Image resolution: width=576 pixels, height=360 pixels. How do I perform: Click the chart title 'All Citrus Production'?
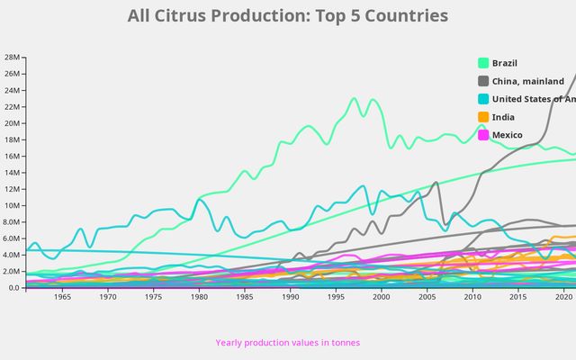click(288, 16)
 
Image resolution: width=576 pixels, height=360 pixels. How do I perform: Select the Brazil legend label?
click(505, 63)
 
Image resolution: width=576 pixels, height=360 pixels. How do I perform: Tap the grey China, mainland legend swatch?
click(483, 81)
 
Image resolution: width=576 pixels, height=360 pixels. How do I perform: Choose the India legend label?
click(503, 117)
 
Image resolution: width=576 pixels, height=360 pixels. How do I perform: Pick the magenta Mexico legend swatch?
click(483, 135)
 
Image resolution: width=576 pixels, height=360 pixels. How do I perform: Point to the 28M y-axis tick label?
click(12, 57)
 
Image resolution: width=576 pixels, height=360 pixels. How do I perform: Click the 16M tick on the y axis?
click(12, 156)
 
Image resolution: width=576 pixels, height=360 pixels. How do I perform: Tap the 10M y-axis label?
click(12, 205)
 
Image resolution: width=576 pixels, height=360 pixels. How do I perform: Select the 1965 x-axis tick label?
click(62, 297)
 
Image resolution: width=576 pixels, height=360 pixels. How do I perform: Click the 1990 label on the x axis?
click(290, 297)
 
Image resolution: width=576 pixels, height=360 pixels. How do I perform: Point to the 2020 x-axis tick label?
click(563, 297)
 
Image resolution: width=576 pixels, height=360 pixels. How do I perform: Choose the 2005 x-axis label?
click(427, 297)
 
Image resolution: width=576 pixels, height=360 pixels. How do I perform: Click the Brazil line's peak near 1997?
click(354, 98)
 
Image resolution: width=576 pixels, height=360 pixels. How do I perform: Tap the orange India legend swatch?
click(483, 117)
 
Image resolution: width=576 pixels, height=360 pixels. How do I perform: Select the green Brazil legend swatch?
click(483, 63)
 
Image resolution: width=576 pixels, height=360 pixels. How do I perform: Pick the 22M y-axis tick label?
click(12, 106)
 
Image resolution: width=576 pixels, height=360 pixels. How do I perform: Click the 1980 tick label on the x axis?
click(199, 297)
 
